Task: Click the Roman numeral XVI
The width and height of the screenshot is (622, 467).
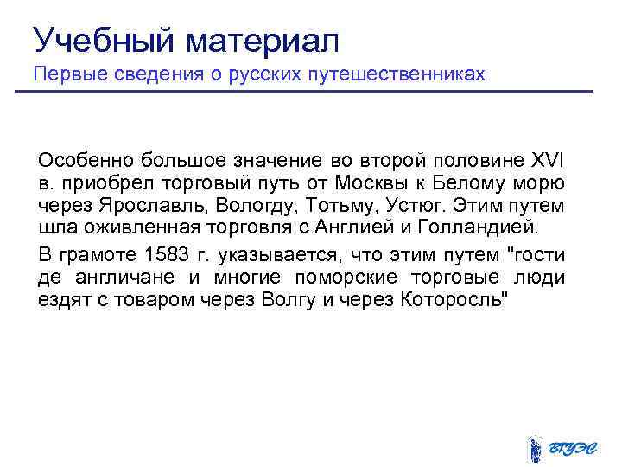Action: pos(547,160)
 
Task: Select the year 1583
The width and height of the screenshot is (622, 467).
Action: pos(164,255)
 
